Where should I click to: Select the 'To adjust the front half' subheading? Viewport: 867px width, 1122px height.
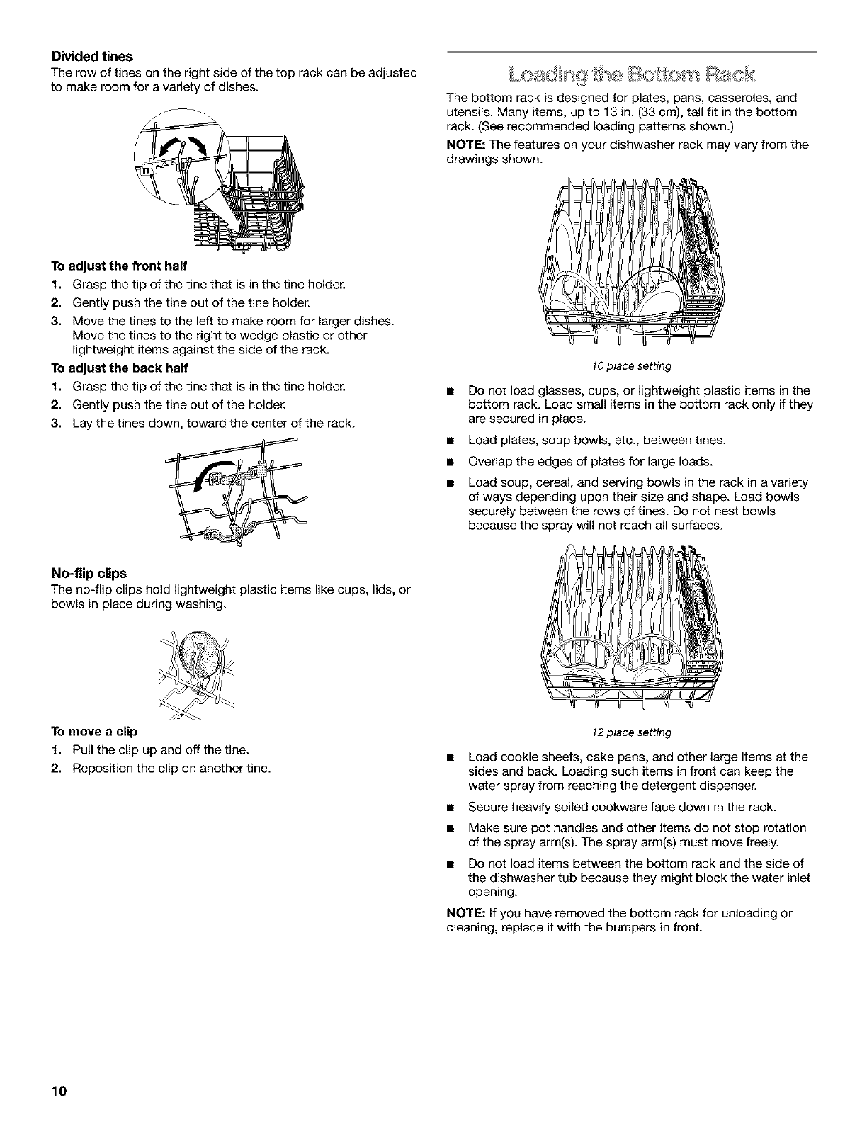(118, 266)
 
